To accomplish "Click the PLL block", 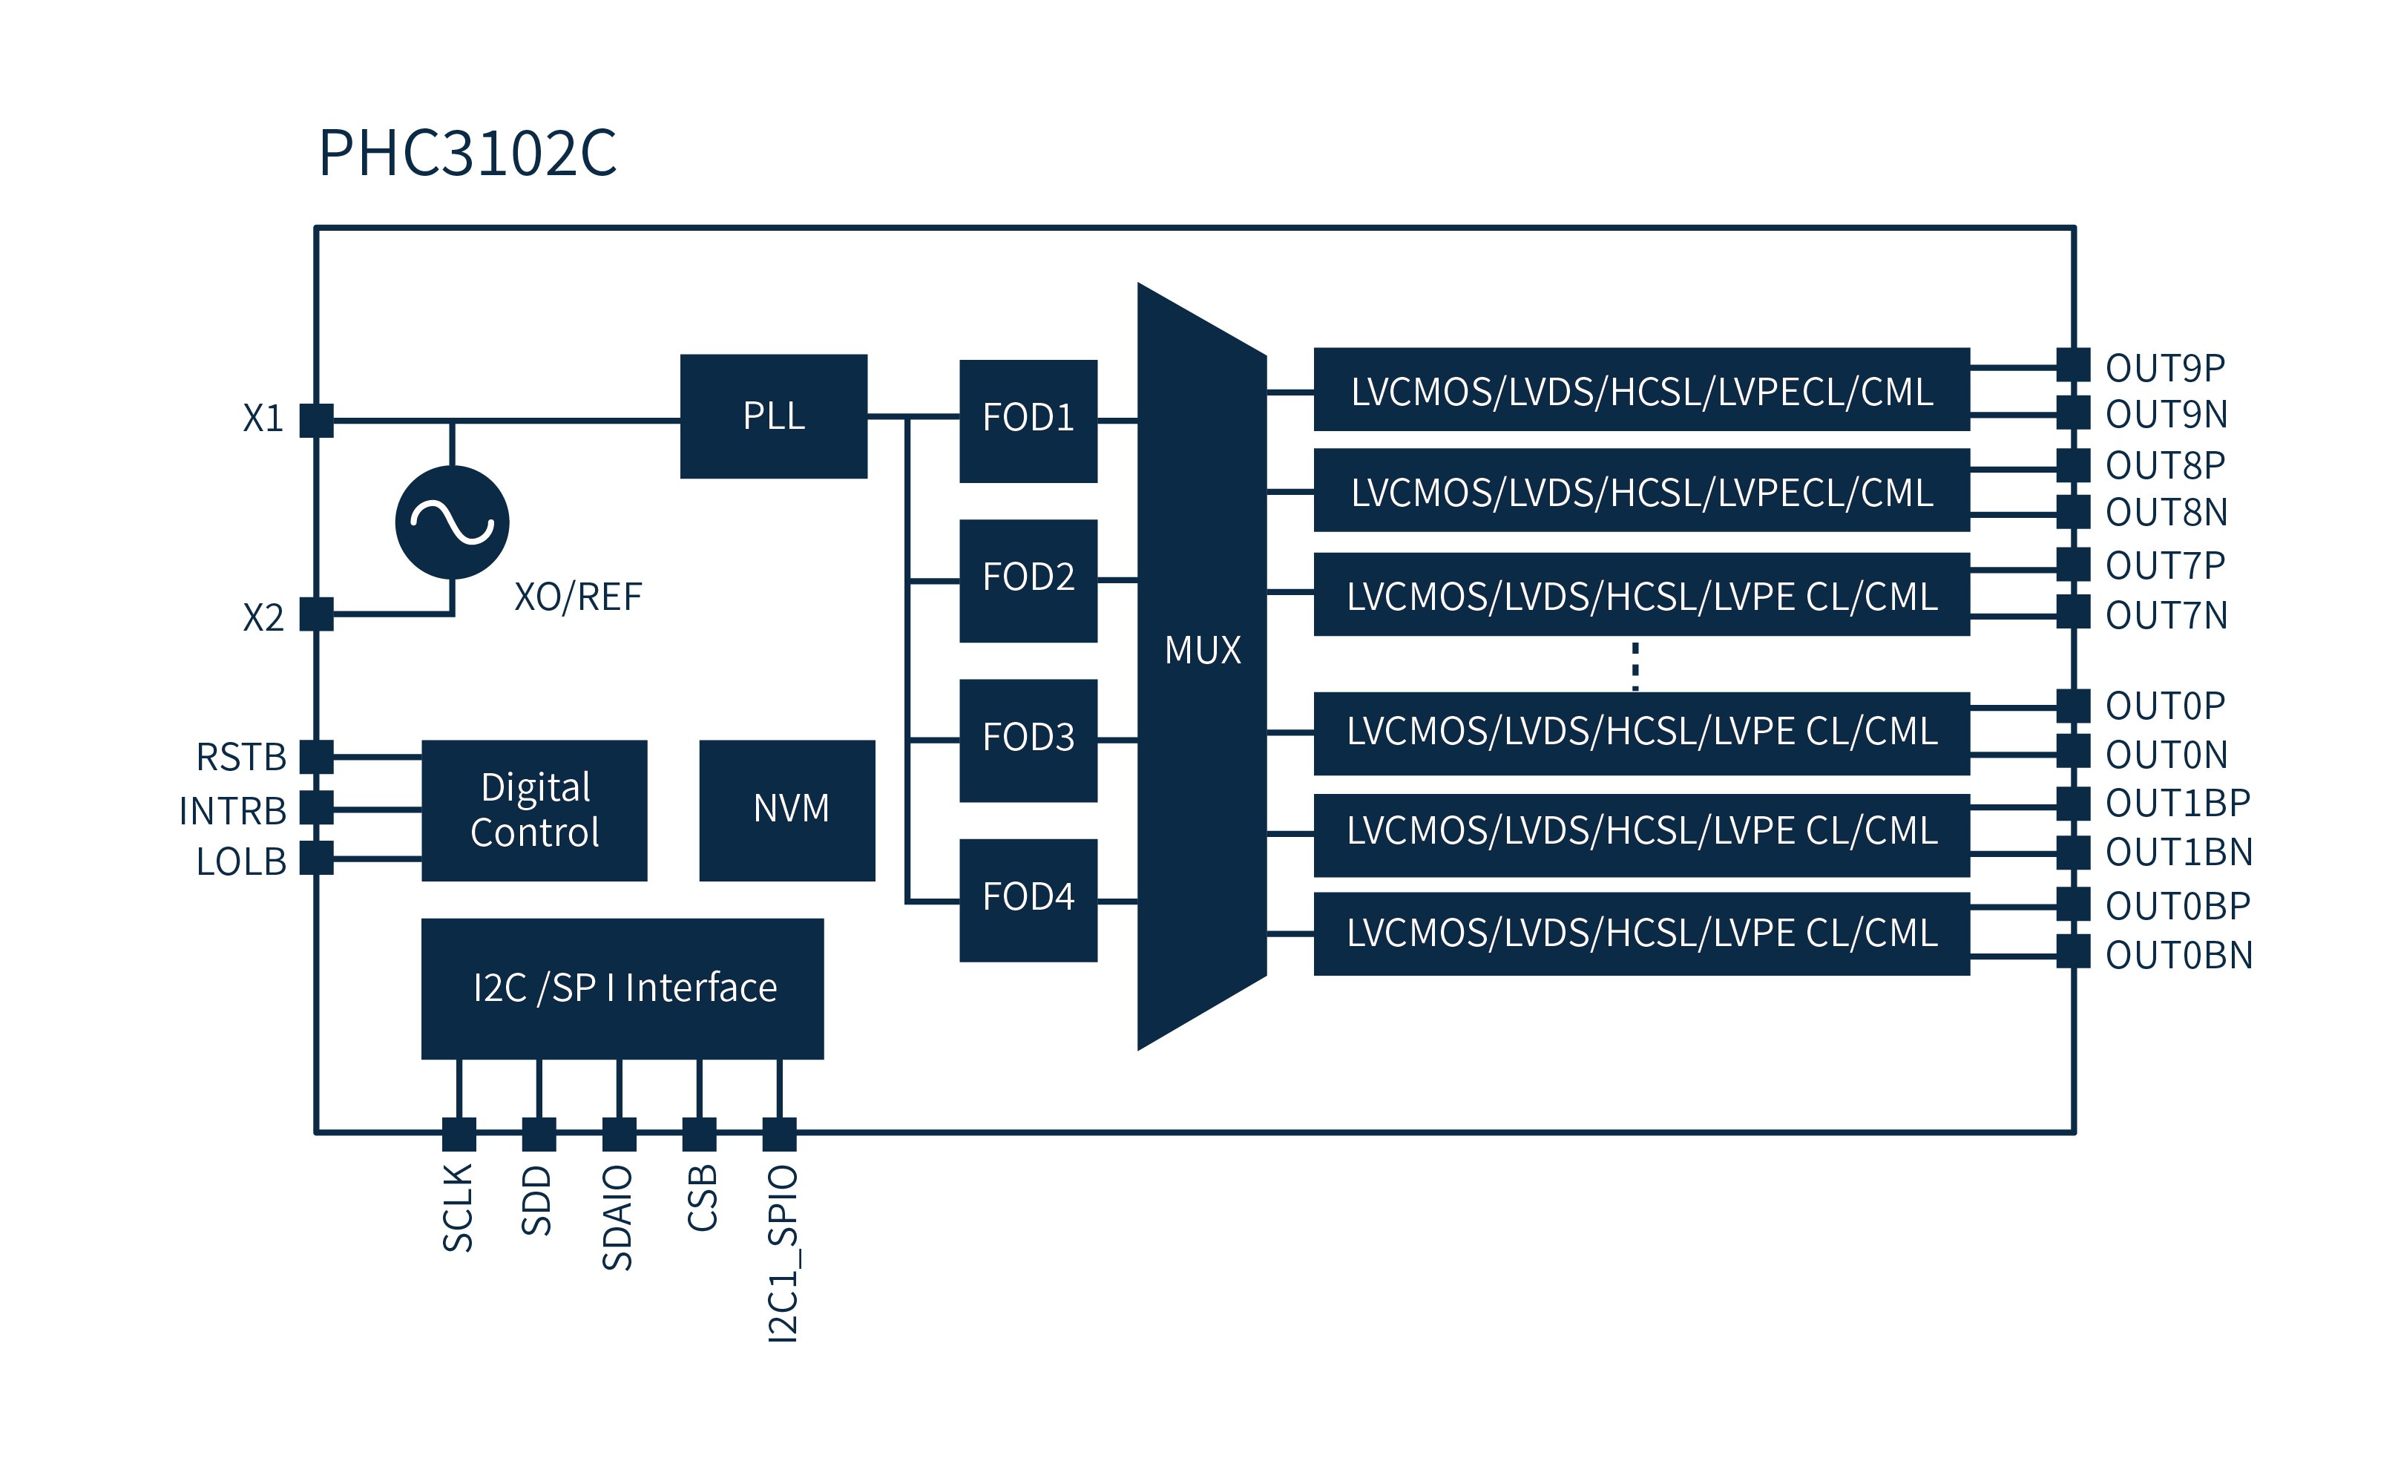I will tap(774, 416).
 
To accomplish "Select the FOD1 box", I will tap(1028, 421).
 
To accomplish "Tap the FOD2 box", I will tap(1028, 580).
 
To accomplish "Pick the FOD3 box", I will tap(1028, 740).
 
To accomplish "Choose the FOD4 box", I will tap(1028, 899).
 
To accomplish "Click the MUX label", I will tap(1203, 650).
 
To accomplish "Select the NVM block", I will tap(787, 810).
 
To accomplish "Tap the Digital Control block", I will tap(534, 810).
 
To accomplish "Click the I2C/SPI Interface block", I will tap(623, 988).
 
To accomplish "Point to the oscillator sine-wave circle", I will tap(453, 522).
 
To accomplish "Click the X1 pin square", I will tap(316, 421).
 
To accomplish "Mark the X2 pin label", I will tap(263, 617).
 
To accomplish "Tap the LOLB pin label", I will tap(241, 861).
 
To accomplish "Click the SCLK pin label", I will tap(457, 1208).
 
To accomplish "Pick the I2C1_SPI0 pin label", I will tap(783, 1254).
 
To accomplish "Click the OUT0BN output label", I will tap(2178, 956).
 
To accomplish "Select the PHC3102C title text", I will tap(467, 153).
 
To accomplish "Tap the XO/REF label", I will tap(578, 597).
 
